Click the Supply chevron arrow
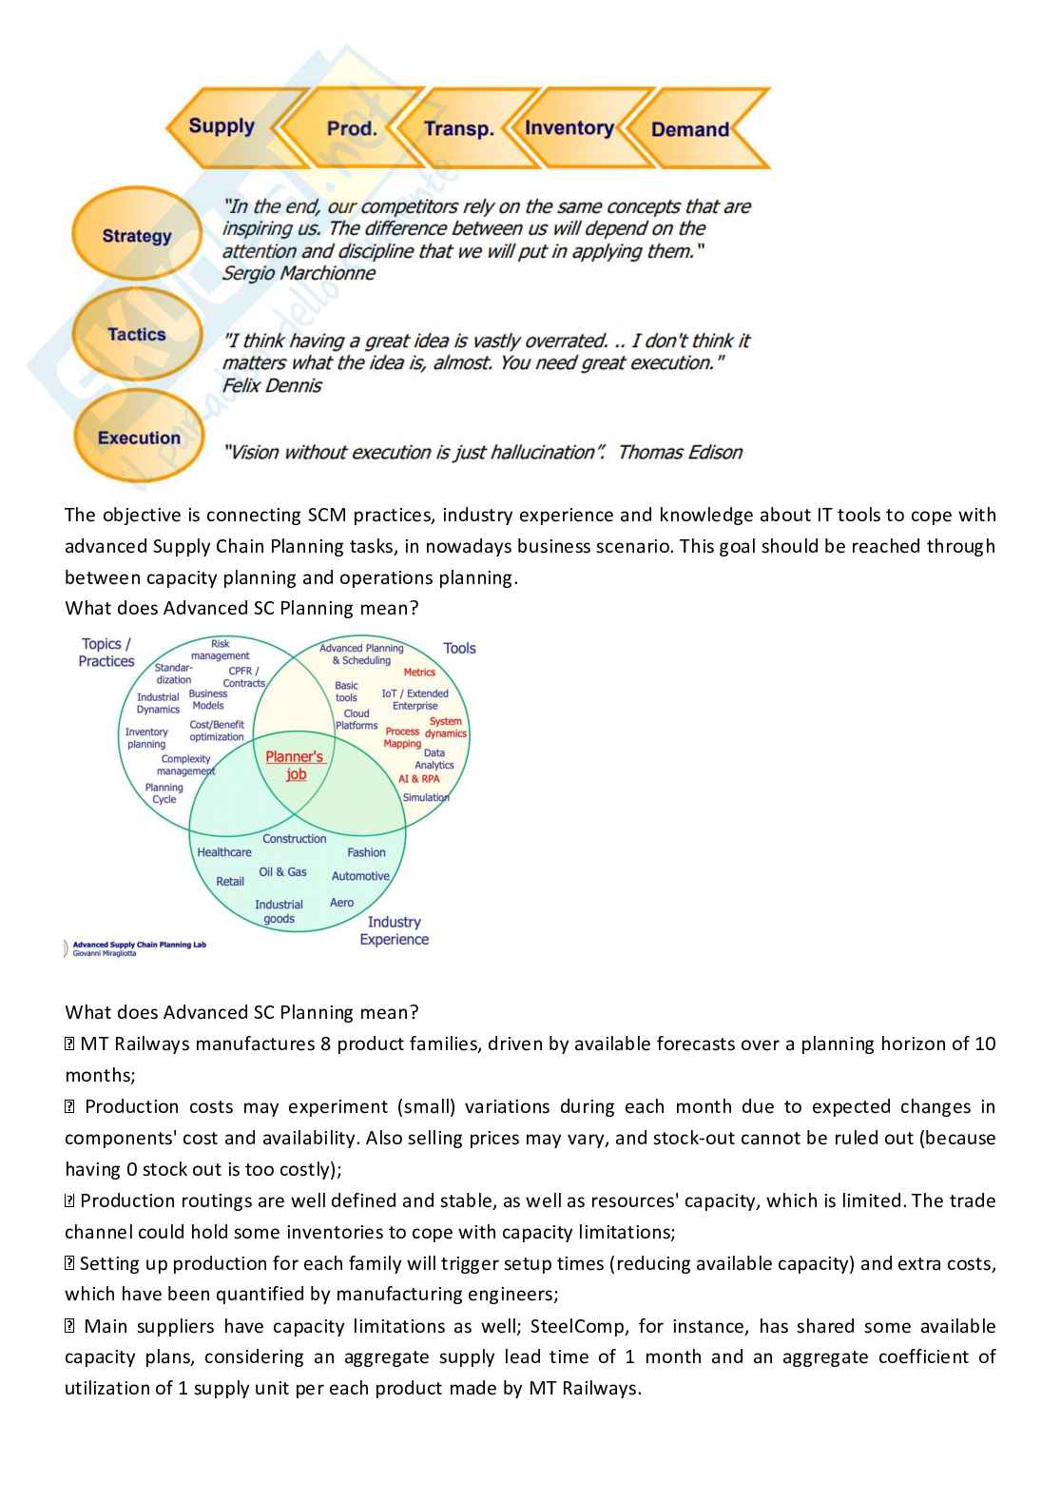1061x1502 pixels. (222, 127)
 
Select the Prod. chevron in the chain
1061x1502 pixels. (352, 128)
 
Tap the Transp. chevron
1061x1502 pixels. (458, 128)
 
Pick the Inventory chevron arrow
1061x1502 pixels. (569, 127)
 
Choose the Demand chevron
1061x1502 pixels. (690, 129)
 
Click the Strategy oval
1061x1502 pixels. (137, 235)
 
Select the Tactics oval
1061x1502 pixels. (137, 334)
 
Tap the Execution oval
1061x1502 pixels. (139, 438)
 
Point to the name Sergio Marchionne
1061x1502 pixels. (299, 273)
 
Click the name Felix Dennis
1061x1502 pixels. (272, 385)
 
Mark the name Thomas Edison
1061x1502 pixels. (680, 452)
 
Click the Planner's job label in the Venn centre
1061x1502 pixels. (295, 765)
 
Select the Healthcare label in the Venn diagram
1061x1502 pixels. (224, 852)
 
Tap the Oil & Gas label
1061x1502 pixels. (282, 871)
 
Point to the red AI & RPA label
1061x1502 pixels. (418, 778)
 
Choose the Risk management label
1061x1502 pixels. (220, 650)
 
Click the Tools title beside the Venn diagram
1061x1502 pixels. (459, 648)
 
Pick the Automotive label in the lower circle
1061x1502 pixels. (360, 876)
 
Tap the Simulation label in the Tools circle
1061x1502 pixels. (425, 797)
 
